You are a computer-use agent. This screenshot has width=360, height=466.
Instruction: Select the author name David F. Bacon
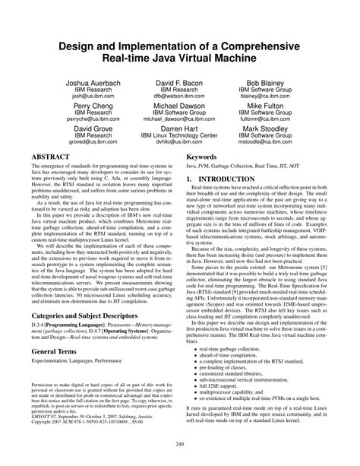click(x=180, y=81)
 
